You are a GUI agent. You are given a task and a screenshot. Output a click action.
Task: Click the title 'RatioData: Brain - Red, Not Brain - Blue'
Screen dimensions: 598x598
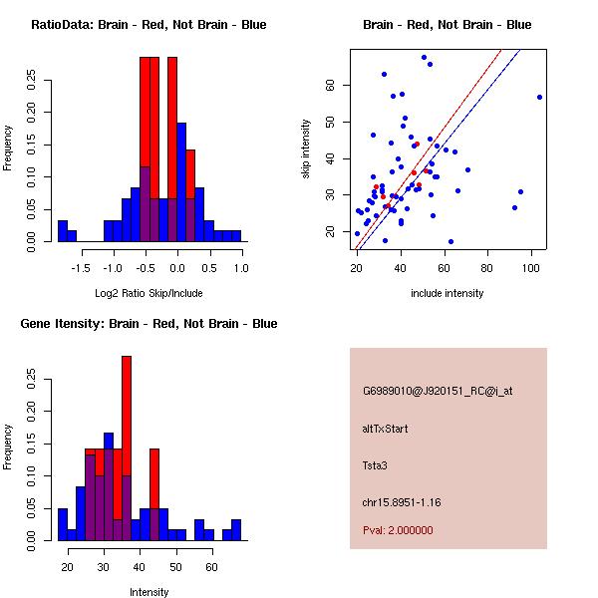[x=149, y=25]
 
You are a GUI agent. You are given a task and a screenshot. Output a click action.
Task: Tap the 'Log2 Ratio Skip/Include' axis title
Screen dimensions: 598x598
[x=149, y=293]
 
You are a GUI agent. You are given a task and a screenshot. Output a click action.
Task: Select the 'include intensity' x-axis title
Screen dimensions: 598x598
[x=448, y=293]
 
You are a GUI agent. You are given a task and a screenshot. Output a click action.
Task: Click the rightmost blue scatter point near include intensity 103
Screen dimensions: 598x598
[x=539, y=97]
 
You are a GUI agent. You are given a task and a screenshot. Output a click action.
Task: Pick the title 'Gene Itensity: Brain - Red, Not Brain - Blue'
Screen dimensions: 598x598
[x=149, y=324]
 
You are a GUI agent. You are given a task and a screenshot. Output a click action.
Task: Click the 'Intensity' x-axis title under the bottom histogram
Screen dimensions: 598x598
[x=149, y=592]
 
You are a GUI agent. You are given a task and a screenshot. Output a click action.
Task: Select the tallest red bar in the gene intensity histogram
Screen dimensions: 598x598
[x=127, y=448]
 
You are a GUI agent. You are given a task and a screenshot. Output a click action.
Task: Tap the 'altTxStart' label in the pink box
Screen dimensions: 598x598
[x=385, y=429]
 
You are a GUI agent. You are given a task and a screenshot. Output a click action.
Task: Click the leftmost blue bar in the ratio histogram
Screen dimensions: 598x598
[x=62, y=230]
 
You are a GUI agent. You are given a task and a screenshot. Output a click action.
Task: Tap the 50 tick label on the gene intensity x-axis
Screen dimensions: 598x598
[x=175, y=566]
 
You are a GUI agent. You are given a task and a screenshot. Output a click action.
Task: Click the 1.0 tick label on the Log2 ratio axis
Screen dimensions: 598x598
[x=241, y=267]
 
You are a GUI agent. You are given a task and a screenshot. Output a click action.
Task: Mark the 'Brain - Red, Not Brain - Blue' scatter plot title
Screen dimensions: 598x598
[x=447, y=25]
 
